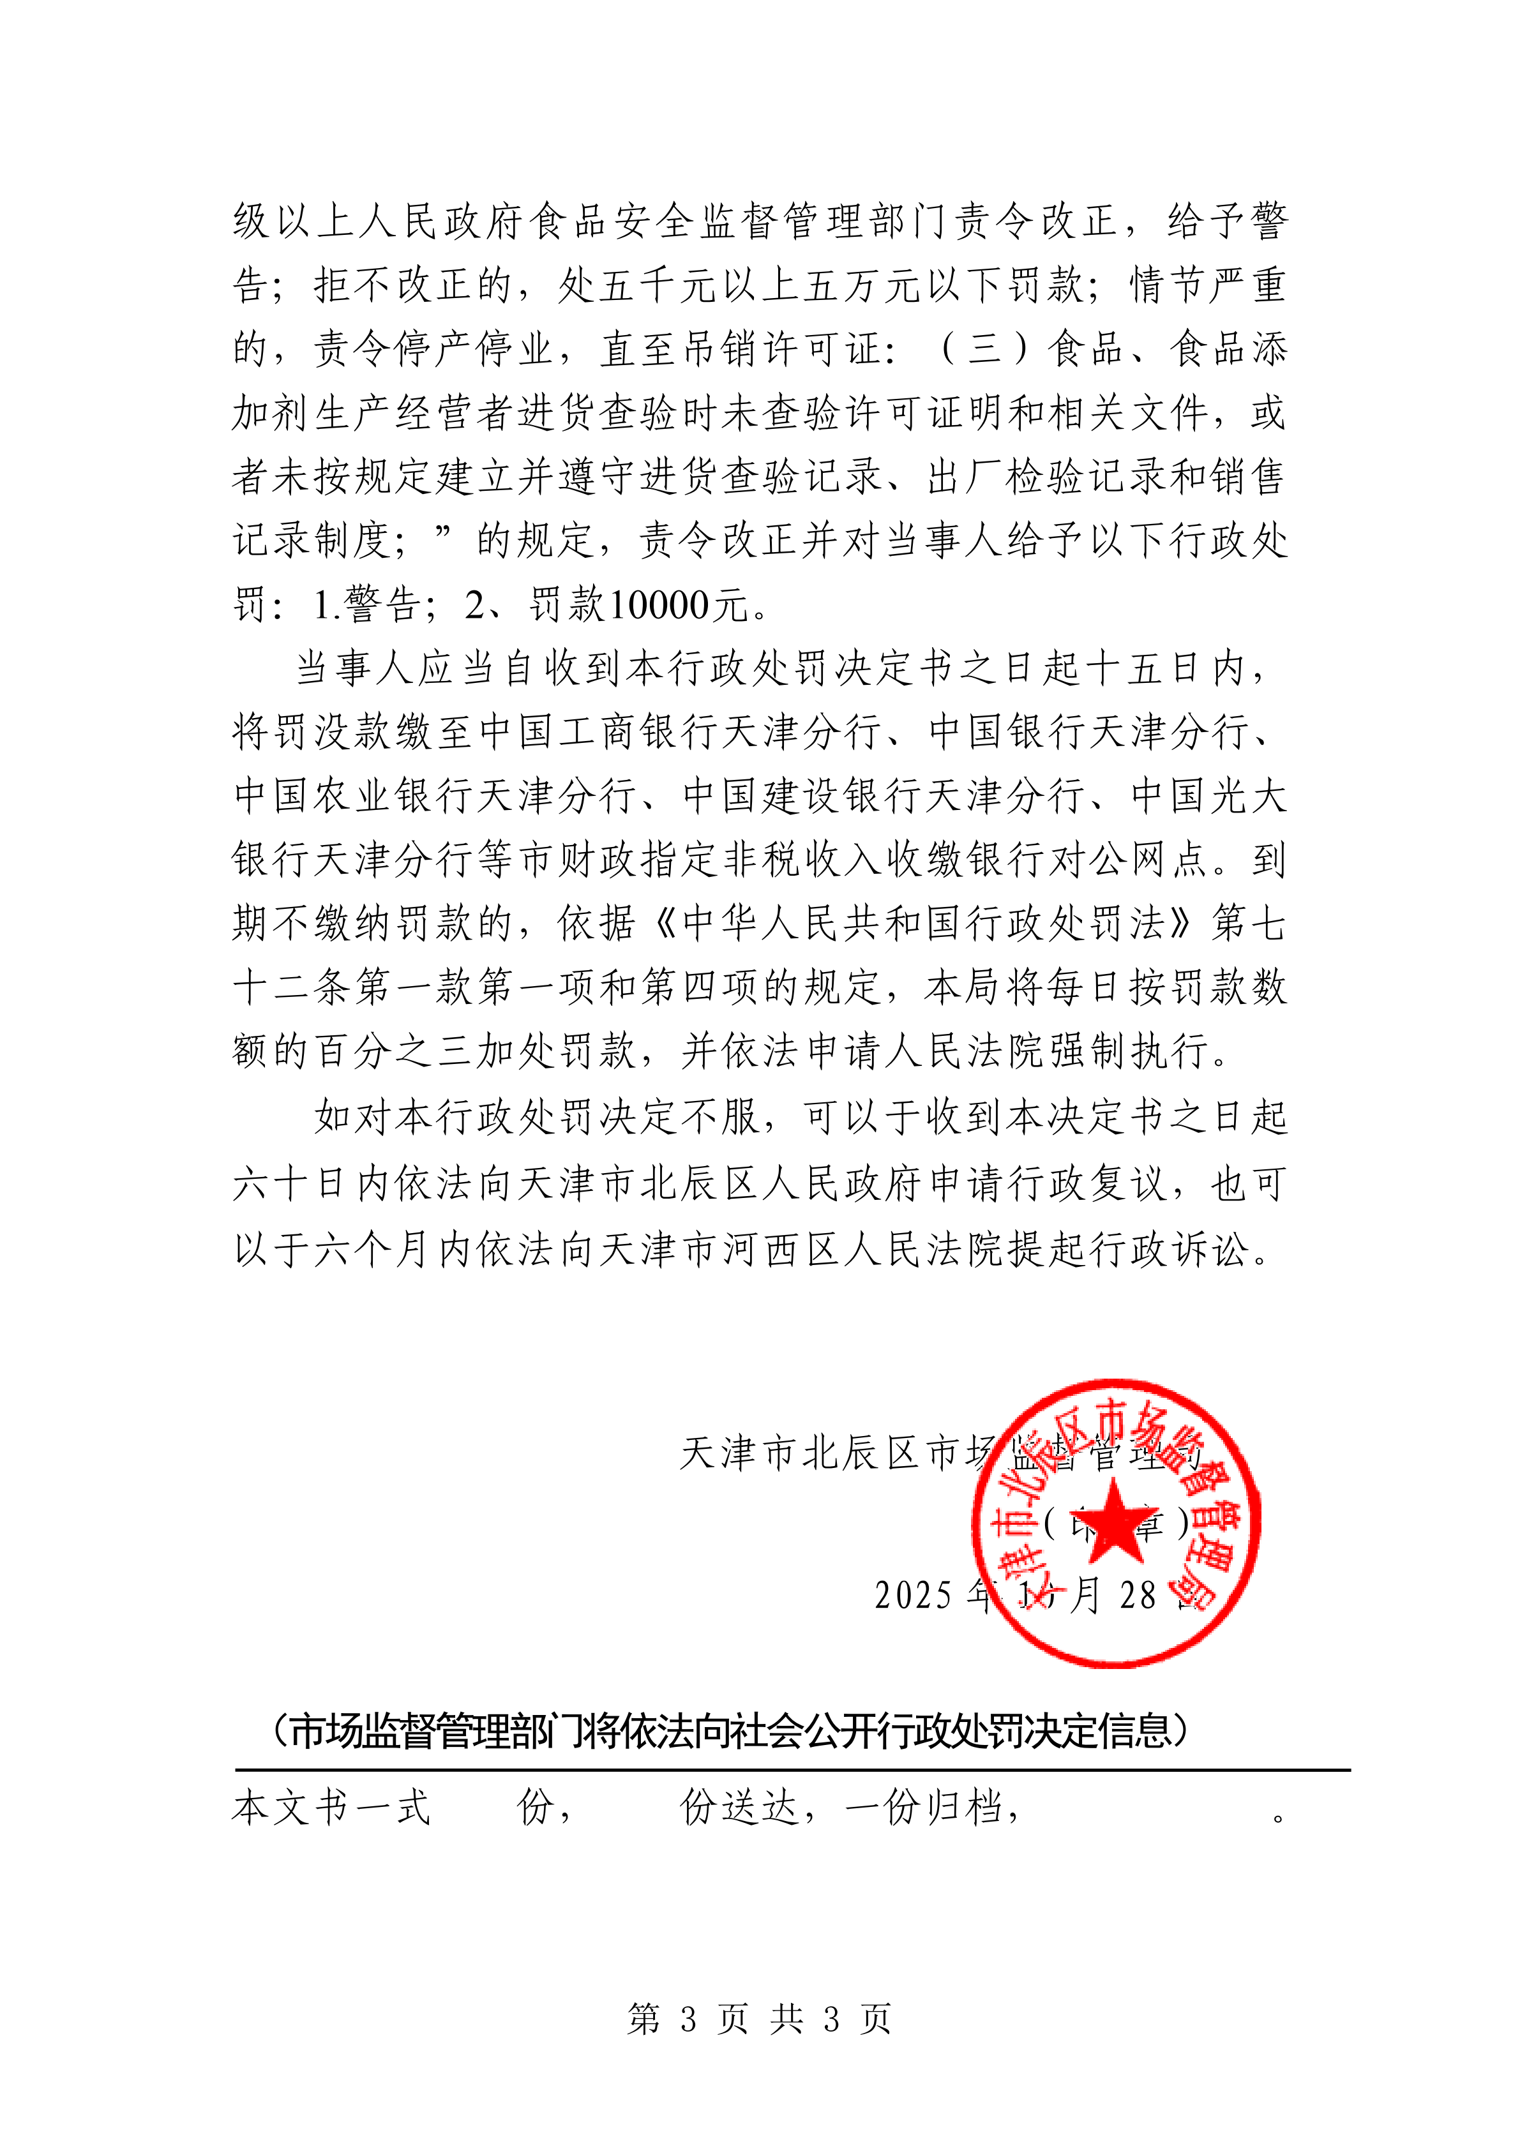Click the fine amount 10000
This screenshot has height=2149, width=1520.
(660, 606)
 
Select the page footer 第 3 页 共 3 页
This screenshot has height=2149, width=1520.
(759, 2019)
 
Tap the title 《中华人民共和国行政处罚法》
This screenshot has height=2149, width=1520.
(922, 924)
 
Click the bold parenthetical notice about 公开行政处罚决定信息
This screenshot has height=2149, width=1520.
(731, 1732)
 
